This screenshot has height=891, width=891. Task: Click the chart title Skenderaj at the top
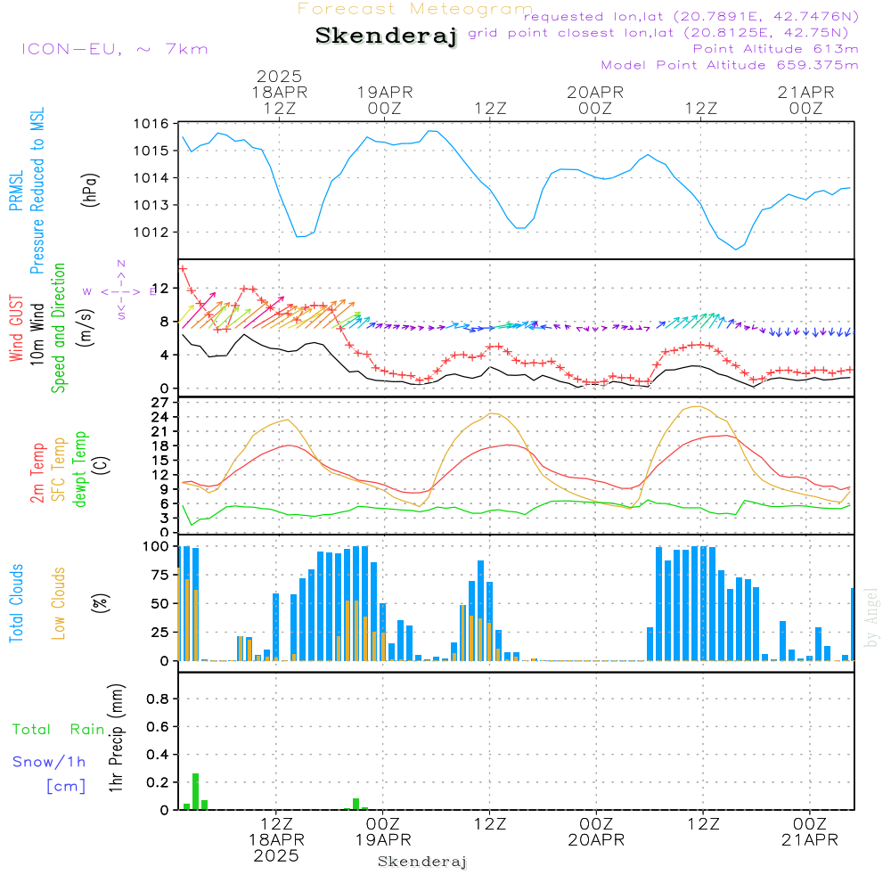386,37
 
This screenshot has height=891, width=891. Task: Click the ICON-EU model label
114,49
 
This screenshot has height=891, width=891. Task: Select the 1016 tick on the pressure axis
152,124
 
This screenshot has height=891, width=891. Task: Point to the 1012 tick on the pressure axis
152,233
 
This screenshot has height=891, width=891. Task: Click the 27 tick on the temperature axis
160,403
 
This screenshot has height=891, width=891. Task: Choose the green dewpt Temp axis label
80,469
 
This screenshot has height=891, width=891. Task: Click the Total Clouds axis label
16,603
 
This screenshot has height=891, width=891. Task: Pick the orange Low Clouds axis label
59,603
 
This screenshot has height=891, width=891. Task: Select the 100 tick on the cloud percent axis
157,546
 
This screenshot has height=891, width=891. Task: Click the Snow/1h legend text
50,762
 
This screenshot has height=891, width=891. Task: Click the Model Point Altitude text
730,65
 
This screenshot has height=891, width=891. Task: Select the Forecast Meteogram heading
415,9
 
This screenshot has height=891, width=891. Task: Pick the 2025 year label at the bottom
276,855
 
